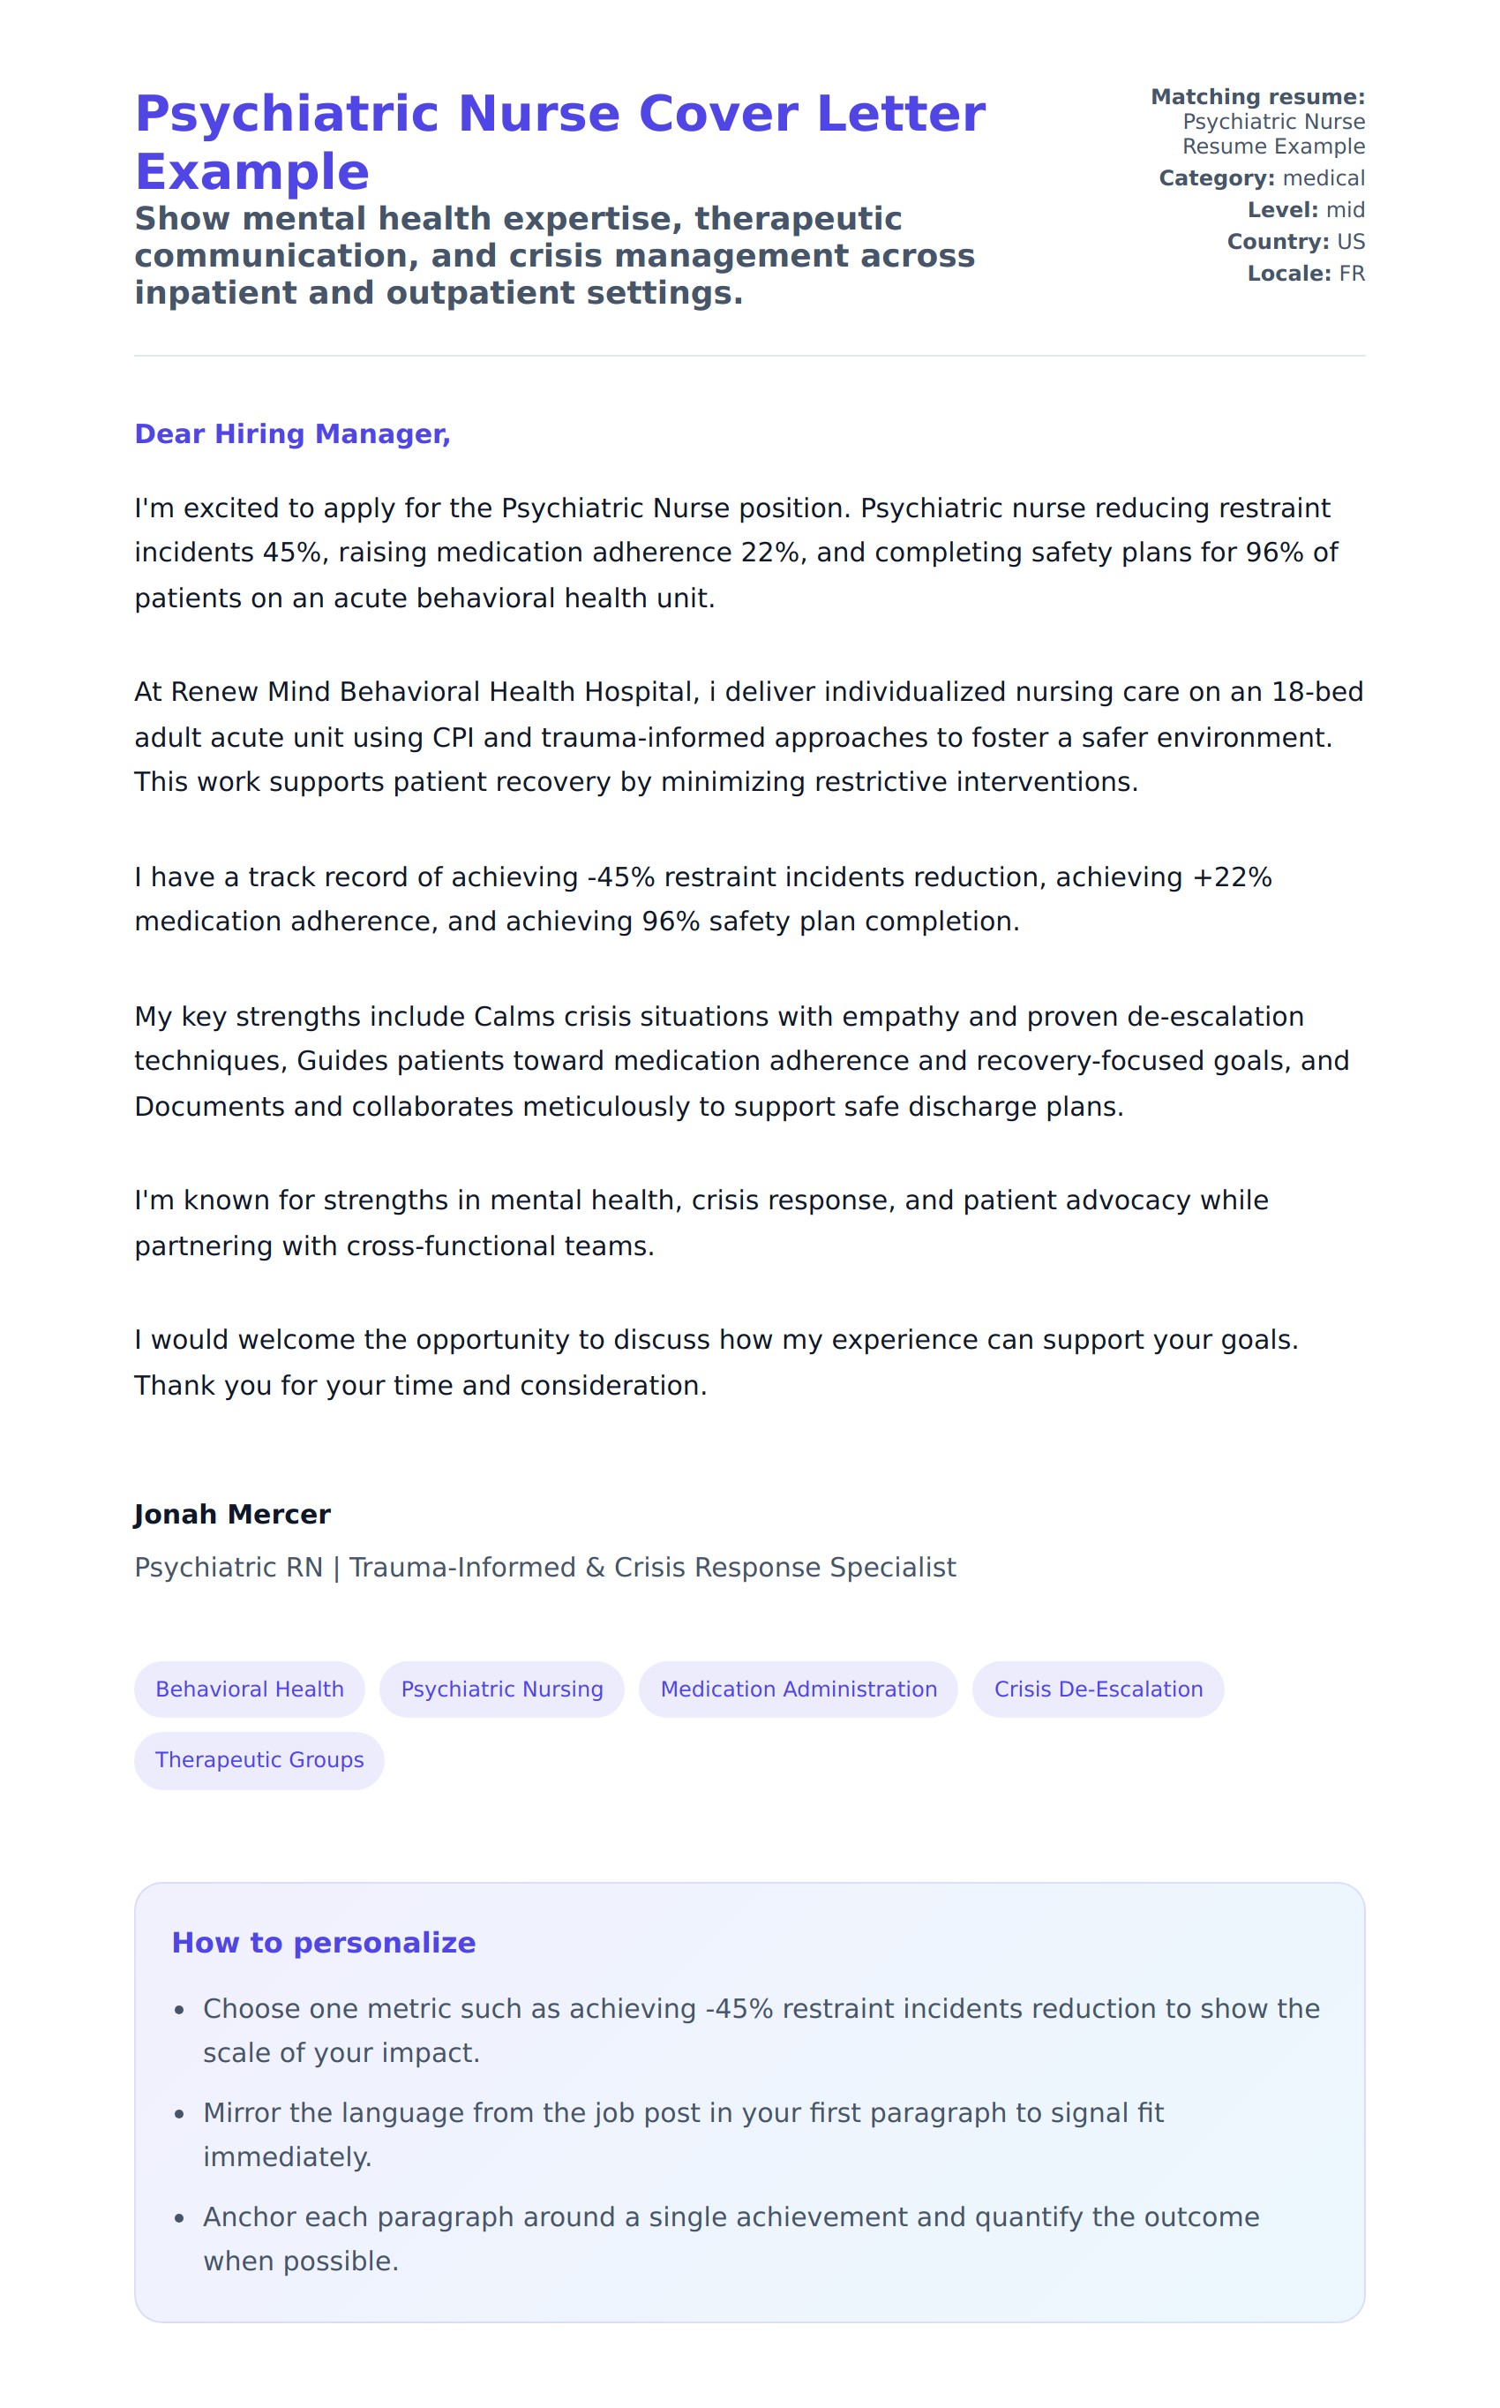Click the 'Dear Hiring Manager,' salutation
tap(292, 433)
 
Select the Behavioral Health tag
tap(249, 1689)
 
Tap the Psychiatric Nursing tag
tap(502, 1689)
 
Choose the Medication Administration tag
tap(798, 1689)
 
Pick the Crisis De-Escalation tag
tap(1098, 1689)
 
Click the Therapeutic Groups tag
tap(259, 1759)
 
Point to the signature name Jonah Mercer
tap(232, 1514)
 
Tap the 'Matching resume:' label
tap(1257, 97)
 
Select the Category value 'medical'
tap(1324, 178)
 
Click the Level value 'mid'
tap(1346, 210)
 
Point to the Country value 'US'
tap(1350, 242)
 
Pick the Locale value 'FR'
tap(1351, 274)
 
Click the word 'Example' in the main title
tap(252, 173)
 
